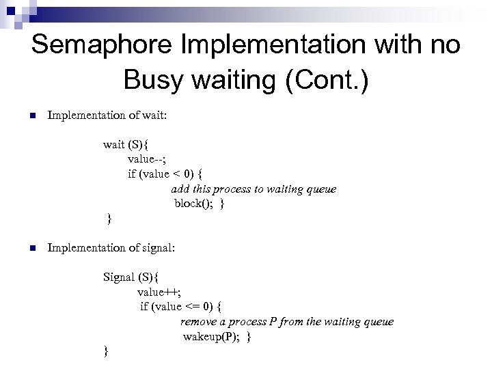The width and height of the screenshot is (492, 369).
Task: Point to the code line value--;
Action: click(148, 159)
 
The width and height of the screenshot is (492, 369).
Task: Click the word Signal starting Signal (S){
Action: click(120, 277)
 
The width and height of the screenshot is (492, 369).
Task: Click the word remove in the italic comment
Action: click(199, 321)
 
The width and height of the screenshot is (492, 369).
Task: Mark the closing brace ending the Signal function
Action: click(105, 351)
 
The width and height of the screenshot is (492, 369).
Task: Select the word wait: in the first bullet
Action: click(152, 115)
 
